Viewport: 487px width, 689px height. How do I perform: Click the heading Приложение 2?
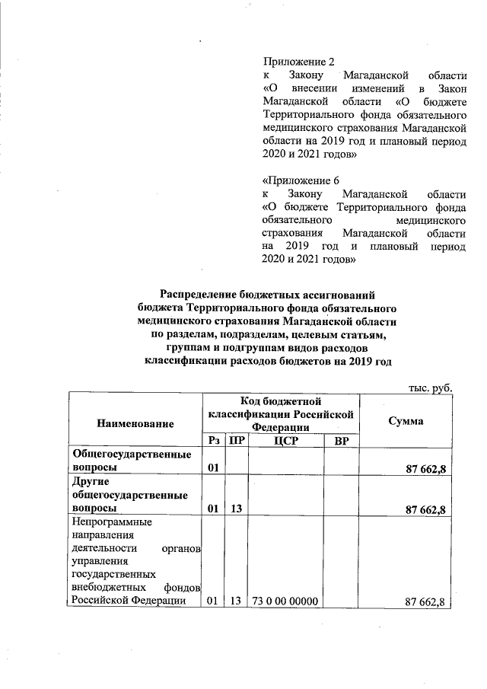click(x=298, y=61)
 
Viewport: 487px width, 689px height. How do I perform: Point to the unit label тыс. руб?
click(x=431, y=388)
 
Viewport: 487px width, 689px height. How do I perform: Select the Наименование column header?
click(x=135, y=423)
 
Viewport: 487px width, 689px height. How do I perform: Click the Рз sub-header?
click(x=214, y=440)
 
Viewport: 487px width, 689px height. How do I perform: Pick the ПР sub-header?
click(x=237, y=440)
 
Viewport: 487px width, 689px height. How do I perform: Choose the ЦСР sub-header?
click(x=285, y=440)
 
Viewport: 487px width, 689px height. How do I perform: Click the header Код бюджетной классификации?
click(x=282, y=415)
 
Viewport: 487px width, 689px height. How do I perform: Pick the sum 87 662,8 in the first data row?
click(x=420, y=467)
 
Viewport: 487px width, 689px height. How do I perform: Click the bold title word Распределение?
click(x=204, y=295)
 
